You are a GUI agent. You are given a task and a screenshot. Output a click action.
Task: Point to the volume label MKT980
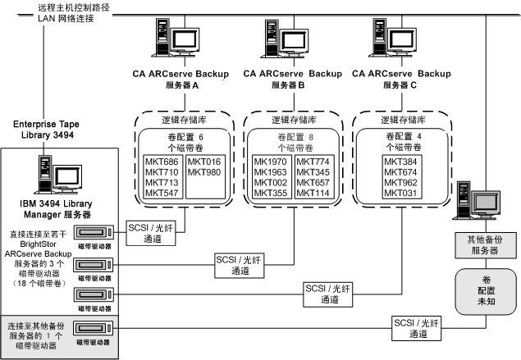203,172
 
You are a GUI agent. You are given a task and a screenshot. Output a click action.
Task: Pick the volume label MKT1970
271,162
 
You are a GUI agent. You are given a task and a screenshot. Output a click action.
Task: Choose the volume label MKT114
311,194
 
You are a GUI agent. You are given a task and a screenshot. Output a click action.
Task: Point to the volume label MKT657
311,183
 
